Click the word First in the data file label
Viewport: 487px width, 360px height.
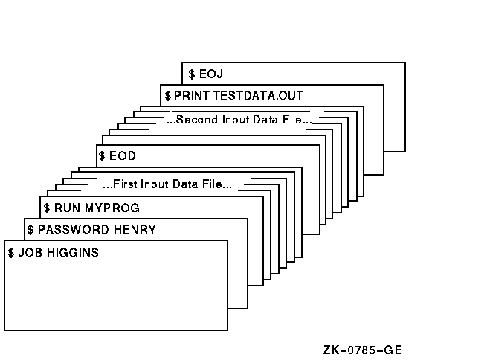point(126,184)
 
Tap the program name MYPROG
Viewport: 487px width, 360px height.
point(111,208)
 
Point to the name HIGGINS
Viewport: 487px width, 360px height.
point(73,253)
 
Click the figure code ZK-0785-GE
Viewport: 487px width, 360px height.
point(364,350)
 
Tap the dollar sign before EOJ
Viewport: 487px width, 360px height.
point(191,74)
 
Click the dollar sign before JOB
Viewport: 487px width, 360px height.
point(11,253)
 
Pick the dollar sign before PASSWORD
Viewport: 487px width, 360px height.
point(30,229)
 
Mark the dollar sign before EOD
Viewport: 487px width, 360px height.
point(102,157)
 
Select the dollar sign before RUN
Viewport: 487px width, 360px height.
point(47,208)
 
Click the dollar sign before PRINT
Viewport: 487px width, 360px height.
point(168,96)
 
